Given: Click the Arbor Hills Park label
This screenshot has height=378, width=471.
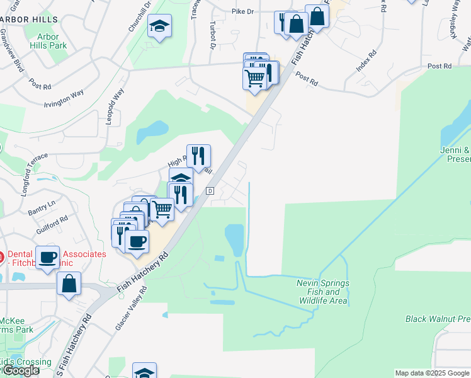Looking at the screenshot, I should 48,40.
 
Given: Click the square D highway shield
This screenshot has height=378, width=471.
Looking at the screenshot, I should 210,191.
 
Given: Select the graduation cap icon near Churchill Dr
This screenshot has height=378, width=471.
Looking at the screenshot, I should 159,26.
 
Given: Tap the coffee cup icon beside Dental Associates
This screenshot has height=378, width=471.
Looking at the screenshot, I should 47,257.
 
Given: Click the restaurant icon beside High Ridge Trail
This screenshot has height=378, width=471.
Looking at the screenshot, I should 198,156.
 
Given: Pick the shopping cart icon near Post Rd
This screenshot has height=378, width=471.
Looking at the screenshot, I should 254,79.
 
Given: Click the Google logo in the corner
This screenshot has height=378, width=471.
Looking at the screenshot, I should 21,371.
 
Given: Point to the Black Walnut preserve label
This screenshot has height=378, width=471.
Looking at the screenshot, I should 438,319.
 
